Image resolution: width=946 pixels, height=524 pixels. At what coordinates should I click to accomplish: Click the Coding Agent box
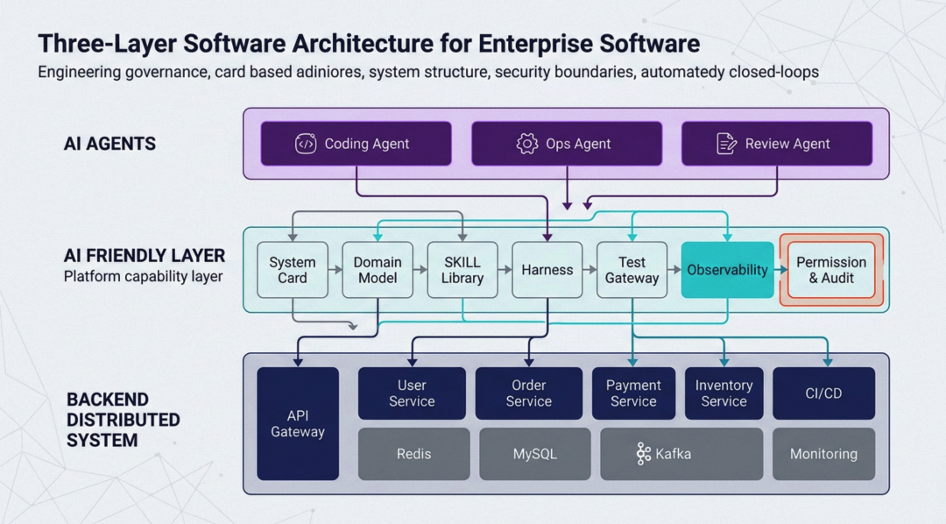click(x=356, y=144)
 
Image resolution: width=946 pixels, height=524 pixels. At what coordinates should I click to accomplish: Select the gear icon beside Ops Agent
click(x=526, y=144)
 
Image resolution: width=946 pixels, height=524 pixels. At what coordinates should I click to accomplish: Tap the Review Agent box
click(x=777, y=144)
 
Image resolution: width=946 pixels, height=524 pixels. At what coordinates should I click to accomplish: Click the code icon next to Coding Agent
click(x=306, y=144)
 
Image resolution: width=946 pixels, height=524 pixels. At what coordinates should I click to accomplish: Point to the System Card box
click(x=293, y=270)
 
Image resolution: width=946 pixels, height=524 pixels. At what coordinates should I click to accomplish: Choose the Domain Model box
click(x=378, y=270)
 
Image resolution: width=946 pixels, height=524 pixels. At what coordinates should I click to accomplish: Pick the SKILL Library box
click(x=462, y=270)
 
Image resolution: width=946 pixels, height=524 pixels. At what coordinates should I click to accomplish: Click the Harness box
click(x=547, y=270)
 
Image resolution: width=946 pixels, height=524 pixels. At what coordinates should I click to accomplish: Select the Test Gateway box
click(x=632, y=270)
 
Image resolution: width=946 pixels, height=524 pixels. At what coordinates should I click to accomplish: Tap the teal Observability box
click(x=728, y=270)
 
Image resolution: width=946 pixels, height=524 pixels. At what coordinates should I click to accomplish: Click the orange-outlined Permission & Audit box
click(x=831, y=270)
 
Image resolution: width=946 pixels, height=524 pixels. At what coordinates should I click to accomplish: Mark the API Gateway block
click(x=298, y=424)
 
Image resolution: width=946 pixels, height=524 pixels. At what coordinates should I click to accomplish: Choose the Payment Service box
click(x=633, y=393)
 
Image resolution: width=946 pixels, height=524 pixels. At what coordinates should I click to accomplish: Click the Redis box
click(x=413, y=454)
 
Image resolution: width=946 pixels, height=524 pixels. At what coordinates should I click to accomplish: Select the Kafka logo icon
click(x=643, y=454)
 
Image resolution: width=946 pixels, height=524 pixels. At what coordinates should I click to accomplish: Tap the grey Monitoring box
click(x=824, y=454)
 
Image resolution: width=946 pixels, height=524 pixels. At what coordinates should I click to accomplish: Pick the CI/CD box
click(x=824, y=393)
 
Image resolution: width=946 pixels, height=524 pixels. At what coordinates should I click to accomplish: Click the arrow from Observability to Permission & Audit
click(x=781, y=270)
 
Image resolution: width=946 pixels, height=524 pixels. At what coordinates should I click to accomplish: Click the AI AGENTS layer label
click(x=109, y=144)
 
